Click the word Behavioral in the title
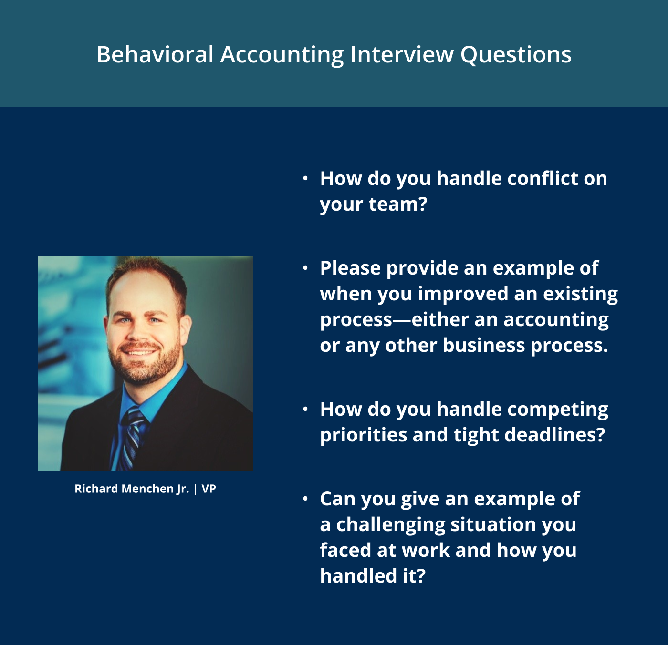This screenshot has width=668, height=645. pyautogui.click(x=155, y=54)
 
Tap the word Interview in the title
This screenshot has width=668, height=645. pyautogui.click(x=402, y=54)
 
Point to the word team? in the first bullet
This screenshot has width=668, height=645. pyautogui.click(x=398, y=205)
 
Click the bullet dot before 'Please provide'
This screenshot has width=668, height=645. pyautogui.click(x=305, y=268)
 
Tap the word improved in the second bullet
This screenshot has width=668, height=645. pyautogui.click(x=463, y=294)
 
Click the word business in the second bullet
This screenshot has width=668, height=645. pyautogui.click(x=484, y=345)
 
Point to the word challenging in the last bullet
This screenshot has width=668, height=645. pyautogui.click(x=390, y=525)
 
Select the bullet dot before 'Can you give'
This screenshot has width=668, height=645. pyautogui.click(x=305, y=499)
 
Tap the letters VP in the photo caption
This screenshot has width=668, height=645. pyautogui.click(x=209, y=489)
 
